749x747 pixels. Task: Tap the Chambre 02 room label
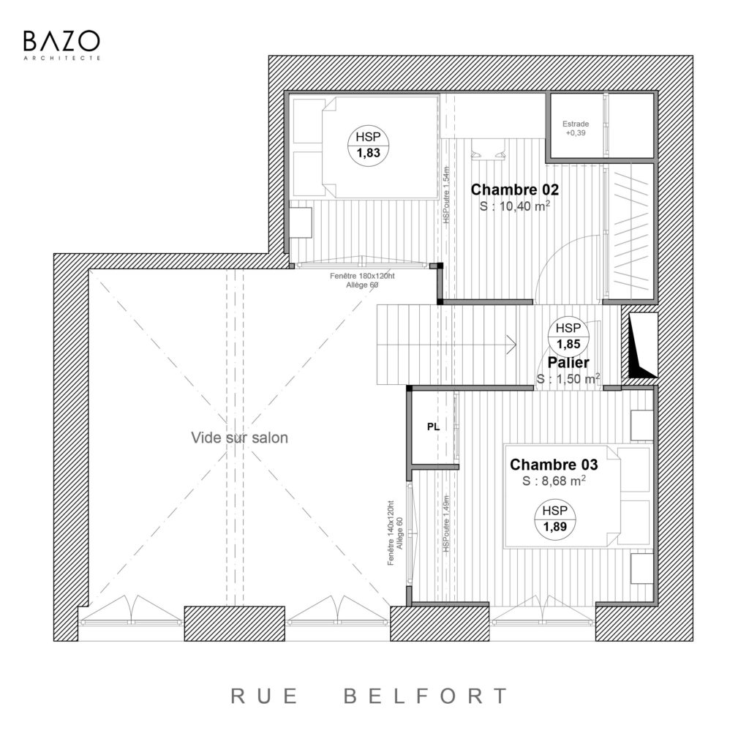[514, 189]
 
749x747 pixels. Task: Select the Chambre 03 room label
[554, 465]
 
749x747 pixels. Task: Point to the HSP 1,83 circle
[368, 145]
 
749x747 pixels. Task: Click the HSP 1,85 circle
[568, 336]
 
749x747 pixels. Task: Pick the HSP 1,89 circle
[554, 519]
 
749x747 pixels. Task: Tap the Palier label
[568, 363]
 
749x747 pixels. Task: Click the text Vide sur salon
[239, 438]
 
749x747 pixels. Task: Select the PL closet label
[433, 427]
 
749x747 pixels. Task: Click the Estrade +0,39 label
[576, 129]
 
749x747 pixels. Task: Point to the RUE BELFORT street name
[369, 696]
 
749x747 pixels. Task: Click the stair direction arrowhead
[511, 344]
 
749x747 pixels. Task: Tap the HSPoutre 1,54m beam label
[446, 195]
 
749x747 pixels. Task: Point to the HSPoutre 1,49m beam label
[446, 524]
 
